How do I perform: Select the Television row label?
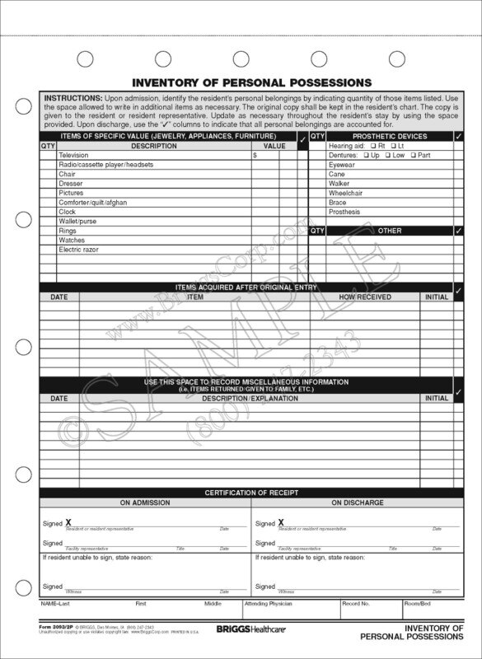74,155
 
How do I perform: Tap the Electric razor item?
79,249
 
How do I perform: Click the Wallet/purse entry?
77,221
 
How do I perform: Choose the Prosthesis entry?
344,212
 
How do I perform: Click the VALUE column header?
274,146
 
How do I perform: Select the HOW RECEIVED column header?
365,297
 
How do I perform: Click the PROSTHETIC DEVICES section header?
390,136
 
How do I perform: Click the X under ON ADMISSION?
68,522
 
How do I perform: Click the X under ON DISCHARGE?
281,522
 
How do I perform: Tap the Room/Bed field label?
418,604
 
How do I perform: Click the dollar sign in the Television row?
255,155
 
